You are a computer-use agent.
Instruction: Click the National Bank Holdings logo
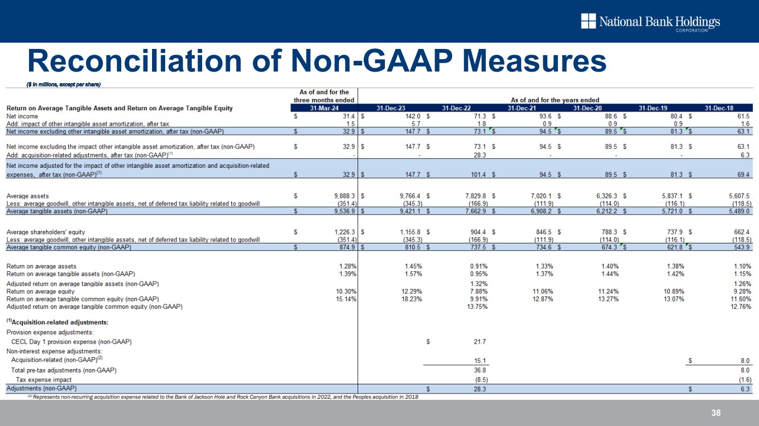point(650,23)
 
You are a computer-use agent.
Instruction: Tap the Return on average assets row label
point(41,266)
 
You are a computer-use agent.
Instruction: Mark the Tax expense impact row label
point(43,379)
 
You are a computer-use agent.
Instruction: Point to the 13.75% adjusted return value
point(477,307)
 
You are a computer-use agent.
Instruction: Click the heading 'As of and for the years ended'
point(555,100)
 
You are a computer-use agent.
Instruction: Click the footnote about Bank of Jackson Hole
point(222,397)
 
